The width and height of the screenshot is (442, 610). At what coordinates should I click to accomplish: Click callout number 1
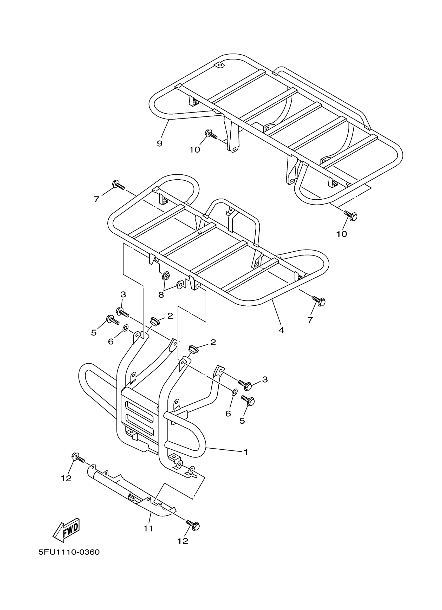[x=245, y=452]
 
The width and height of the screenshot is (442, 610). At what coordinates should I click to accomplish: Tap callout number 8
[x=161, y=295]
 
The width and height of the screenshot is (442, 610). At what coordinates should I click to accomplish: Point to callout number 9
[x=160, y=143]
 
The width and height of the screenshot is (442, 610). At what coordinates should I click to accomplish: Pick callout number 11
[x=148, y=528]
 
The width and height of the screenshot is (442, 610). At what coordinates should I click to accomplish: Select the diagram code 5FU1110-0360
[x=69, y=552]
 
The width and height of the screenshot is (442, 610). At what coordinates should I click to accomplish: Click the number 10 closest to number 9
[x=195, y=149]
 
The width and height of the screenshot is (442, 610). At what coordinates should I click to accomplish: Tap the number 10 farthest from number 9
[x=342, y=234]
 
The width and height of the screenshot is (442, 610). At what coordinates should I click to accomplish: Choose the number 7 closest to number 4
[x=310, y=320]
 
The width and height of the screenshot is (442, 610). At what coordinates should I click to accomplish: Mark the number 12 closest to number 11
[x=183, y=541]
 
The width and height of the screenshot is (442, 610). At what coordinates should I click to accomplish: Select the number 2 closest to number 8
[x=170, y=316]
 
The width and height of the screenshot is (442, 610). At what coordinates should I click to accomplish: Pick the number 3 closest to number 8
[x=123, y=294]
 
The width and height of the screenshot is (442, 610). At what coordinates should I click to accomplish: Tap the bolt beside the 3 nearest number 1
[x=245, y=385]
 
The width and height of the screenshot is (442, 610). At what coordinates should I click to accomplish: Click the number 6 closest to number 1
[x=228, y=414]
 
